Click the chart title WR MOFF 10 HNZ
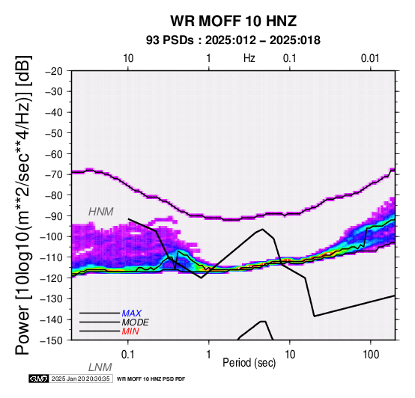[233, 21]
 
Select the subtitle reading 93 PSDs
[170, 40]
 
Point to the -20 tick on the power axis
[54, 71]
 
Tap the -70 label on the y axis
[54, 174]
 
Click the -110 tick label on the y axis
[52, 257]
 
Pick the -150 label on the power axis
[52, 340]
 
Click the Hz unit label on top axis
[249, 58]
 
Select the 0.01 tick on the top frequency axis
[370, 58]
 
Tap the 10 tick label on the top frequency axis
[128, 58]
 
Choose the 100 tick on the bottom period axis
[371, 355]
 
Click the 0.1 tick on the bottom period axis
[127, 355]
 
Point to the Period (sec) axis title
[249, 363]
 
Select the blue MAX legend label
[132, 313]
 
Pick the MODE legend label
[136, 322]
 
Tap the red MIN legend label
[130, 331]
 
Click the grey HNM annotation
[101, 212]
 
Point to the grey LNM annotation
[100, 367]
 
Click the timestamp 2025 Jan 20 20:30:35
[80, 379]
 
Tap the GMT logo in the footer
[39, 379]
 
